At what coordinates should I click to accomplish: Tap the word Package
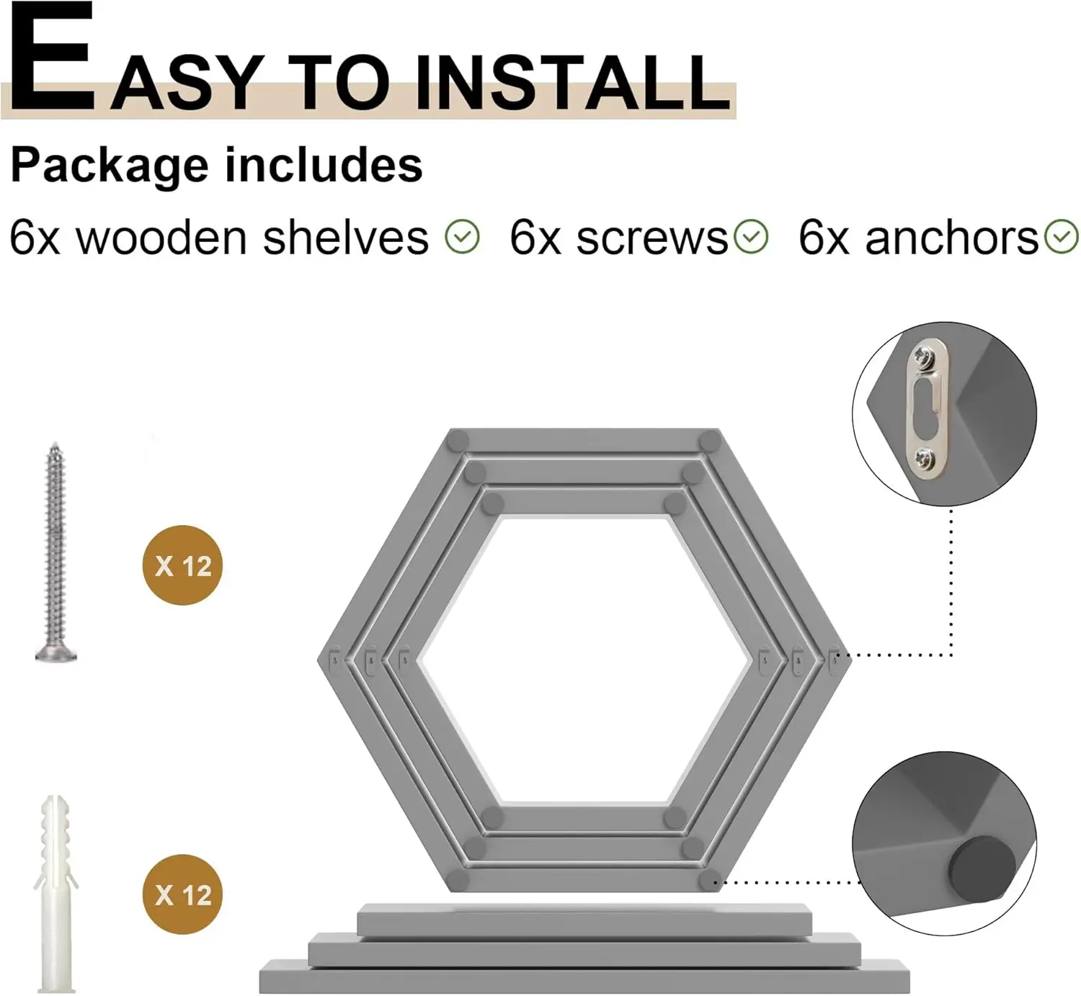click(x=108, y=166)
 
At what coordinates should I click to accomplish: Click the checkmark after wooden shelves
click(x=462, y=237)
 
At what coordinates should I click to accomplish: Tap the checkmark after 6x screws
click(x=752, y=237)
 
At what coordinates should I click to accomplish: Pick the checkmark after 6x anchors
click(x=1062, y=237)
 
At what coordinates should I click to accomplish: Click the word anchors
click(x=951, y=238)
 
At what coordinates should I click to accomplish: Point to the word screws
click(x=651, y=238)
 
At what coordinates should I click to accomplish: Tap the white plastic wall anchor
click(x=55, y=893)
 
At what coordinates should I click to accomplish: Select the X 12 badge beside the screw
click(x=183, y=565)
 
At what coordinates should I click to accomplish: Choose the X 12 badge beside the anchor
click(x=183, y=894)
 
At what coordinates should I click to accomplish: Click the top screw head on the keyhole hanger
click(x=922, y=355)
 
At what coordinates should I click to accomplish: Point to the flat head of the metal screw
click(x=56, y=652)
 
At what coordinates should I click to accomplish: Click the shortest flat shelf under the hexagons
click(x=584, y=920)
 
